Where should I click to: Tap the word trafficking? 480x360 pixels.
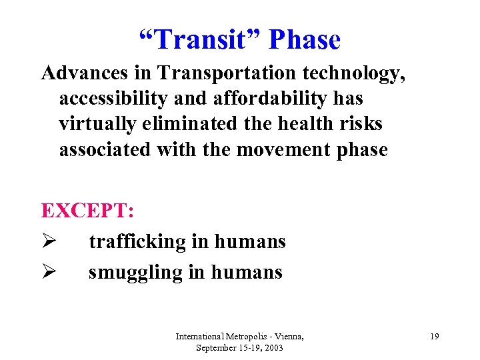[138, 242]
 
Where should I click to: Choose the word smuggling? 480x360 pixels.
[137, 273]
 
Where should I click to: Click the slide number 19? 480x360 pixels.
[434, 337]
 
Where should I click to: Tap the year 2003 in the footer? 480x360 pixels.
[273, 348]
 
